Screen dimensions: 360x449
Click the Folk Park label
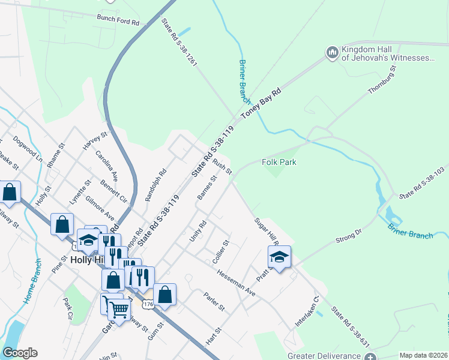click(x=279, y=162)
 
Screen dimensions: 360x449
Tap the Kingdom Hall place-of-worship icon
click(x=333, y=53)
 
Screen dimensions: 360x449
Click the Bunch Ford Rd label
click(x=118, y=20)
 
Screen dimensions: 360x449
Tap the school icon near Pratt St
click(x=279, y=257)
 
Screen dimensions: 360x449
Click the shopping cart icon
click(x=119, y=309)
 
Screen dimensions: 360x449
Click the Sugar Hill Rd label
click(x=267, y=232)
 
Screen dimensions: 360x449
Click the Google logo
click(x=20, y=353)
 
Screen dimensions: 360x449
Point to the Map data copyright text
click(x=423, y=355)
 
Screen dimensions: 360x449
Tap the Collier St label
click(x=221, y=252)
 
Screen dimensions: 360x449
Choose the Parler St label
click(x=214, y=302)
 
